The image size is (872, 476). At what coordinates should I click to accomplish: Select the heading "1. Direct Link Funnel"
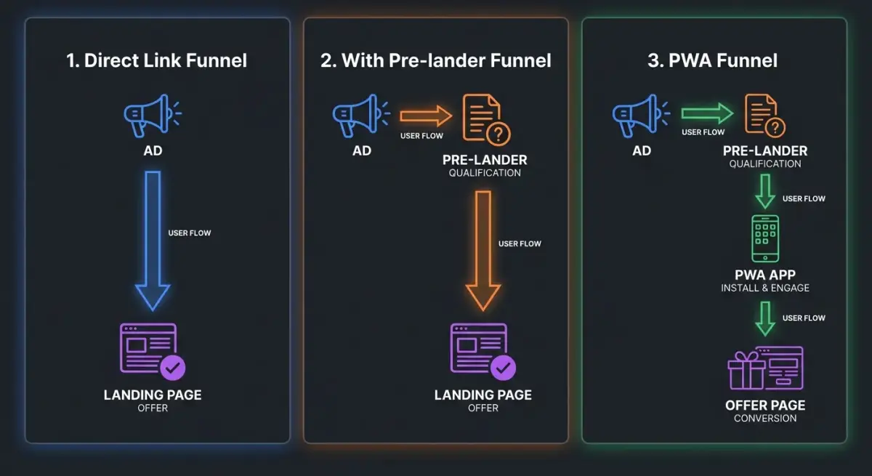[x=157, y=60]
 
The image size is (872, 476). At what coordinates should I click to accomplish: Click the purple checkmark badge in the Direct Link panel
[x=172, y=368]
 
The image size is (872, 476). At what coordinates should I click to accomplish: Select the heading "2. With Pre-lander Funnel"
[x=435, y=60]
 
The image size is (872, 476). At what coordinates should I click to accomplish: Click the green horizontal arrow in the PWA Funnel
[x=706, y=113]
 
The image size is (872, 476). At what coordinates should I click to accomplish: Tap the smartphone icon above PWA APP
[x=765, y=238]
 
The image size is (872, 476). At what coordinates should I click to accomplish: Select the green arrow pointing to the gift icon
[x=765, y=318]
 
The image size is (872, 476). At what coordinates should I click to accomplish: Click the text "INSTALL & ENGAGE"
[x=765, y=288]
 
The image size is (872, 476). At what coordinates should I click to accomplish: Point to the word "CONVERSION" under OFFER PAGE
[x=765, y=418]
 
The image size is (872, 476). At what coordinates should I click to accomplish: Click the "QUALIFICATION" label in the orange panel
[x=485, y=173]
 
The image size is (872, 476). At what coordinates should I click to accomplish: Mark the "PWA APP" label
[x=765, y=275]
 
